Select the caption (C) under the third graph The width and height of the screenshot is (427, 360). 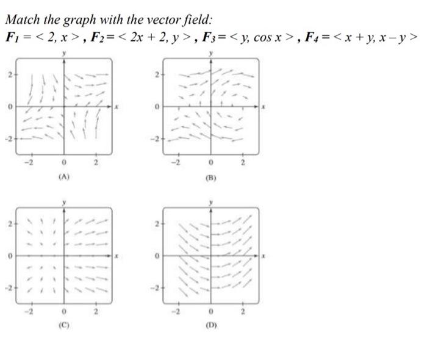[64, 326]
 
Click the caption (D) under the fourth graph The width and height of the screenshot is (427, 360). [211, 326]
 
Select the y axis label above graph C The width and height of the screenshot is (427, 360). [65, 201]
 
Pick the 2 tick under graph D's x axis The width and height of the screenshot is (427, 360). [243, 312]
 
